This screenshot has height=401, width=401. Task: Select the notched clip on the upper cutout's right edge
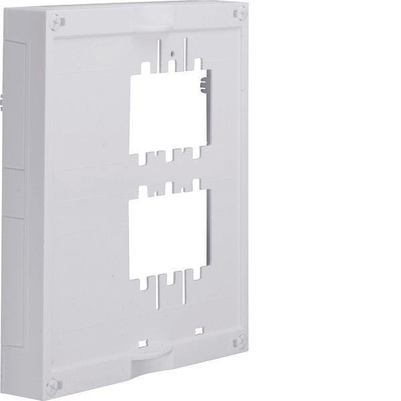202,84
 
